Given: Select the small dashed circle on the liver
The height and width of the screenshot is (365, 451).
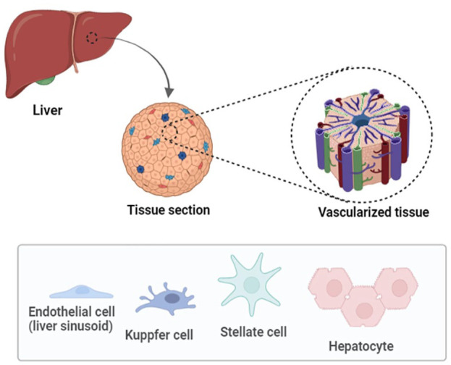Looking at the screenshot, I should click(x=91, y=38).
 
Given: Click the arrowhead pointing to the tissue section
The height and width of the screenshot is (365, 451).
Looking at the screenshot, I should click(x=169, y=93).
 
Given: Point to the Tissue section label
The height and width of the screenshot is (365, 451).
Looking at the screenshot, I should click(x=168, y=211).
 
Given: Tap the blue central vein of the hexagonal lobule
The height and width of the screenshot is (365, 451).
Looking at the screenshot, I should click(x=359, y=124).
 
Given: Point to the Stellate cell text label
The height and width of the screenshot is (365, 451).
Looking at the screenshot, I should click(x=253, y=332).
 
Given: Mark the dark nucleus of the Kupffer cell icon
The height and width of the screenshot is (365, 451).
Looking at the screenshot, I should click(x=173, y=298).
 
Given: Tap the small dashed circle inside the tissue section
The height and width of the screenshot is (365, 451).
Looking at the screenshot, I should click(x=171, y=131).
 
